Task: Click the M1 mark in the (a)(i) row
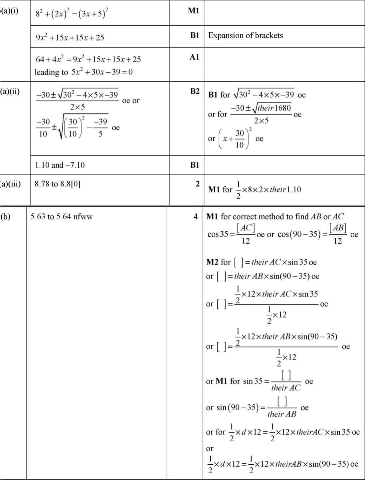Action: (194, 11)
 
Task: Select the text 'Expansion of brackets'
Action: (246, 35)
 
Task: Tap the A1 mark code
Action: (194, 57)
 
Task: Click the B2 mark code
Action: (195, 91)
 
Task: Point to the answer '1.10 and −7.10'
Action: (60, 165)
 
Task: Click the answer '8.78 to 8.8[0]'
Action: (58, 184)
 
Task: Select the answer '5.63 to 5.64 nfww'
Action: (62, 217)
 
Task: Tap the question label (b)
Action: (6, 217)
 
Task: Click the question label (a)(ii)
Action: (10, 91)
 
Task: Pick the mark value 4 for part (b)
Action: (196, 217)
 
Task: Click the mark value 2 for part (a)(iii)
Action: (198, 184)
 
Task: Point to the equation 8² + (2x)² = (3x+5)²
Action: (72, 14)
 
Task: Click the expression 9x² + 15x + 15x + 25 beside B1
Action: (70, 37)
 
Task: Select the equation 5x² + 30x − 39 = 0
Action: (102, 72)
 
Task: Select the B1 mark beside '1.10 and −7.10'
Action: (195, 165)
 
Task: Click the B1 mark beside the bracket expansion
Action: (195, 35)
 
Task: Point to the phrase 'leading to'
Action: (51, 72)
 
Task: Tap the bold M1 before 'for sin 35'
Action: (222, 381)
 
